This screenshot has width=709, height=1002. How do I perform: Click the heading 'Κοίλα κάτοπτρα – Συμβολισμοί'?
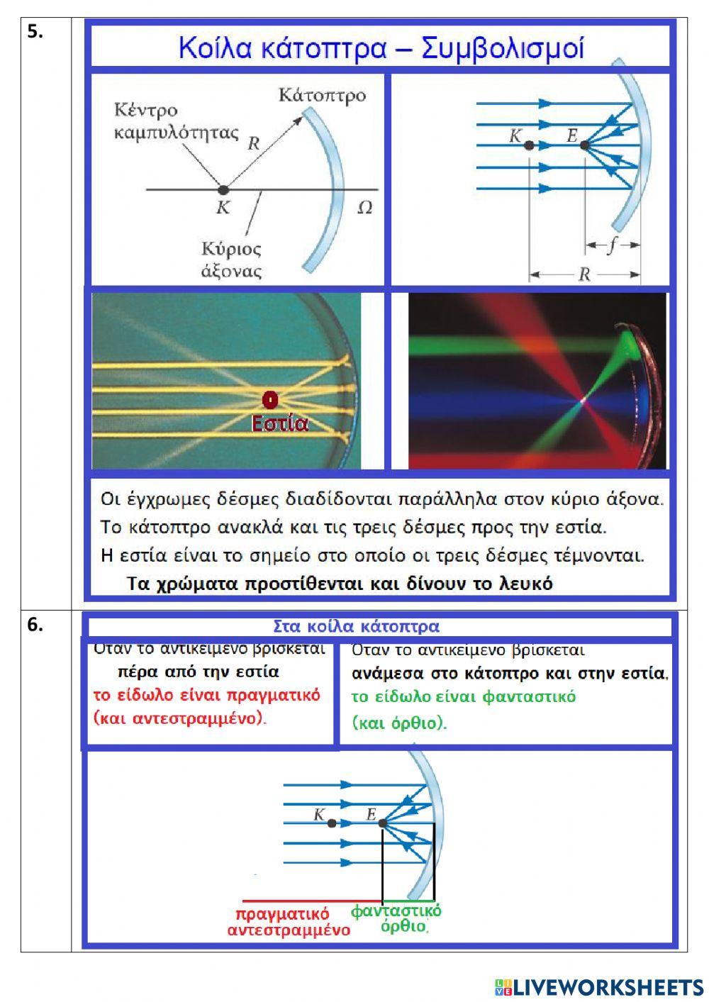pos(381,48)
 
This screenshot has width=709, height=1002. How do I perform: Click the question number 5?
pos(35,32)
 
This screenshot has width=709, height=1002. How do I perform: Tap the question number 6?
pos(35,625)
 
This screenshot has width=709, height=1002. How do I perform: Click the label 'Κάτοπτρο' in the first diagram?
pos(323,95)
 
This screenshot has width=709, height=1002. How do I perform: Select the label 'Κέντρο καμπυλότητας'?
pos(177,121)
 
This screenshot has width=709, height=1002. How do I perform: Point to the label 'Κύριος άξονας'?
pos(231,260)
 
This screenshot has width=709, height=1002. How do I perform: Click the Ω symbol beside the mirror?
pos(364,208)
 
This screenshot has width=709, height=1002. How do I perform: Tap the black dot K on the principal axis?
pos(223,190)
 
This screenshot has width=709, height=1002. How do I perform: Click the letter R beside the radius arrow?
pos(253,144)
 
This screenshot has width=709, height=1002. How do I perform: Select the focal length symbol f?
pos(611,245)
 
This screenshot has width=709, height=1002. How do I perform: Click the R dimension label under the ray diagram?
pos(584,274)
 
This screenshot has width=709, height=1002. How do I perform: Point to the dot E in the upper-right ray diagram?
pos(585,145)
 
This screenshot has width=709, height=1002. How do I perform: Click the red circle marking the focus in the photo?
pos(269,400)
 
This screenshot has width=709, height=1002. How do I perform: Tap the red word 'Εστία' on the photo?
pos(280,423)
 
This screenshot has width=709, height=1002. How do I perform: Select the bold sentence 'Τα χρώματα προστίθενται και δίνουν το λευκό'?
pos(340,584)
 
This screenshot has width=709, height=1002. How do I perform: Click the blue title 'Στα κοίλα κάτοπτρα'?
pos(356,626)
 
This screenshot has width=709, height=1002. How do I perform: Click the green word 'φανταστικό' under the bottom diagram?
pos(396,911)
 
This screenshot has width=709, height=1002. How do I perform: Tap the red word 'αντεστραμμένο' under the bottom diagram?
pos(289,930)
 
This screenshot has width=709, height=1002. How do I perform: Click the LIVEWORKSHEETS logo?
pos(599,986)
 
